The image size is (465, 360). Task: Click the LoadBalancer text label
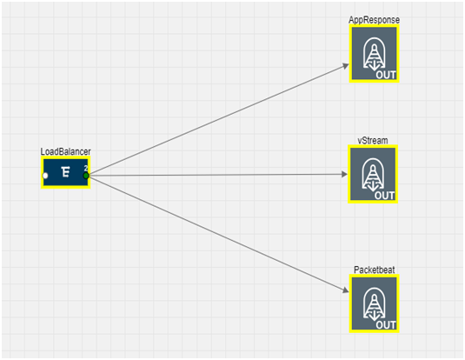(x=65, y=151)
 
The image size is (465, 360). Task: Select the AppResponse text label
(x=374, y=20)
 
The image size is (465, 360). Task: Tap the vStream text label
(x=373, y=140)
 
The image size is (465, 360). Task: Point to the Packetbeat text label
(x=375, y=270)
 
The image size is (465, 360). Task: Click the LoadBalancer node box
(x=65, y=173)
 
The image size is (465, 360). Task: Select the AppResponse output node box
(x=374, y=53)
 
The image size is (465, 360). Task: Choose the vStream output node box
(x=373, y=174)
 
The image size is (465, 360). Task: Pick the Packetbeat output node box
(x=374, y=303)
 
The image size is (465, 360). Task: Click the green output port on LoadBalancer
(x=86, y=176)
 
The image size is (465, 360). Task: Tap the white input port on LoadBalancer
(x=45, y=176)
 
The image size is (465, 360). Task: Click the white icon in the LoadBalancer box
(x=65, y=172)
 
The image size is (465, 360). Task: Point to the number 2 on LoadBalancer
(x=86, y=168)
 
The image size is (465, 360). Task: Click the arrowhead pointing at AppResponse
(x=346, y=66)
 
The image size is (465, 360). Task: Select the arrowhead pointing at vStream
(x=344, y=174)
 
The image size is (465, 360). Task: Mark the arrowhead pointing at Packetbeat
(x=345, y=290)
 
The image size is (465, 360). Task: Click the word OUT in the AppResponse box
(x=386, y=75)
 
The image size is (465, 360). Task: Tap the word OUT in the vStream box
(x=385, y=196)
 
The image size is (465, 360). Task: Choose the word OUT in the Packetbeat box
(x=386, y=325)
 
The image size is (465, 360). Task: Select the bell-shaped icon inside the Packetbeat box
(x=375, y=305)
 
